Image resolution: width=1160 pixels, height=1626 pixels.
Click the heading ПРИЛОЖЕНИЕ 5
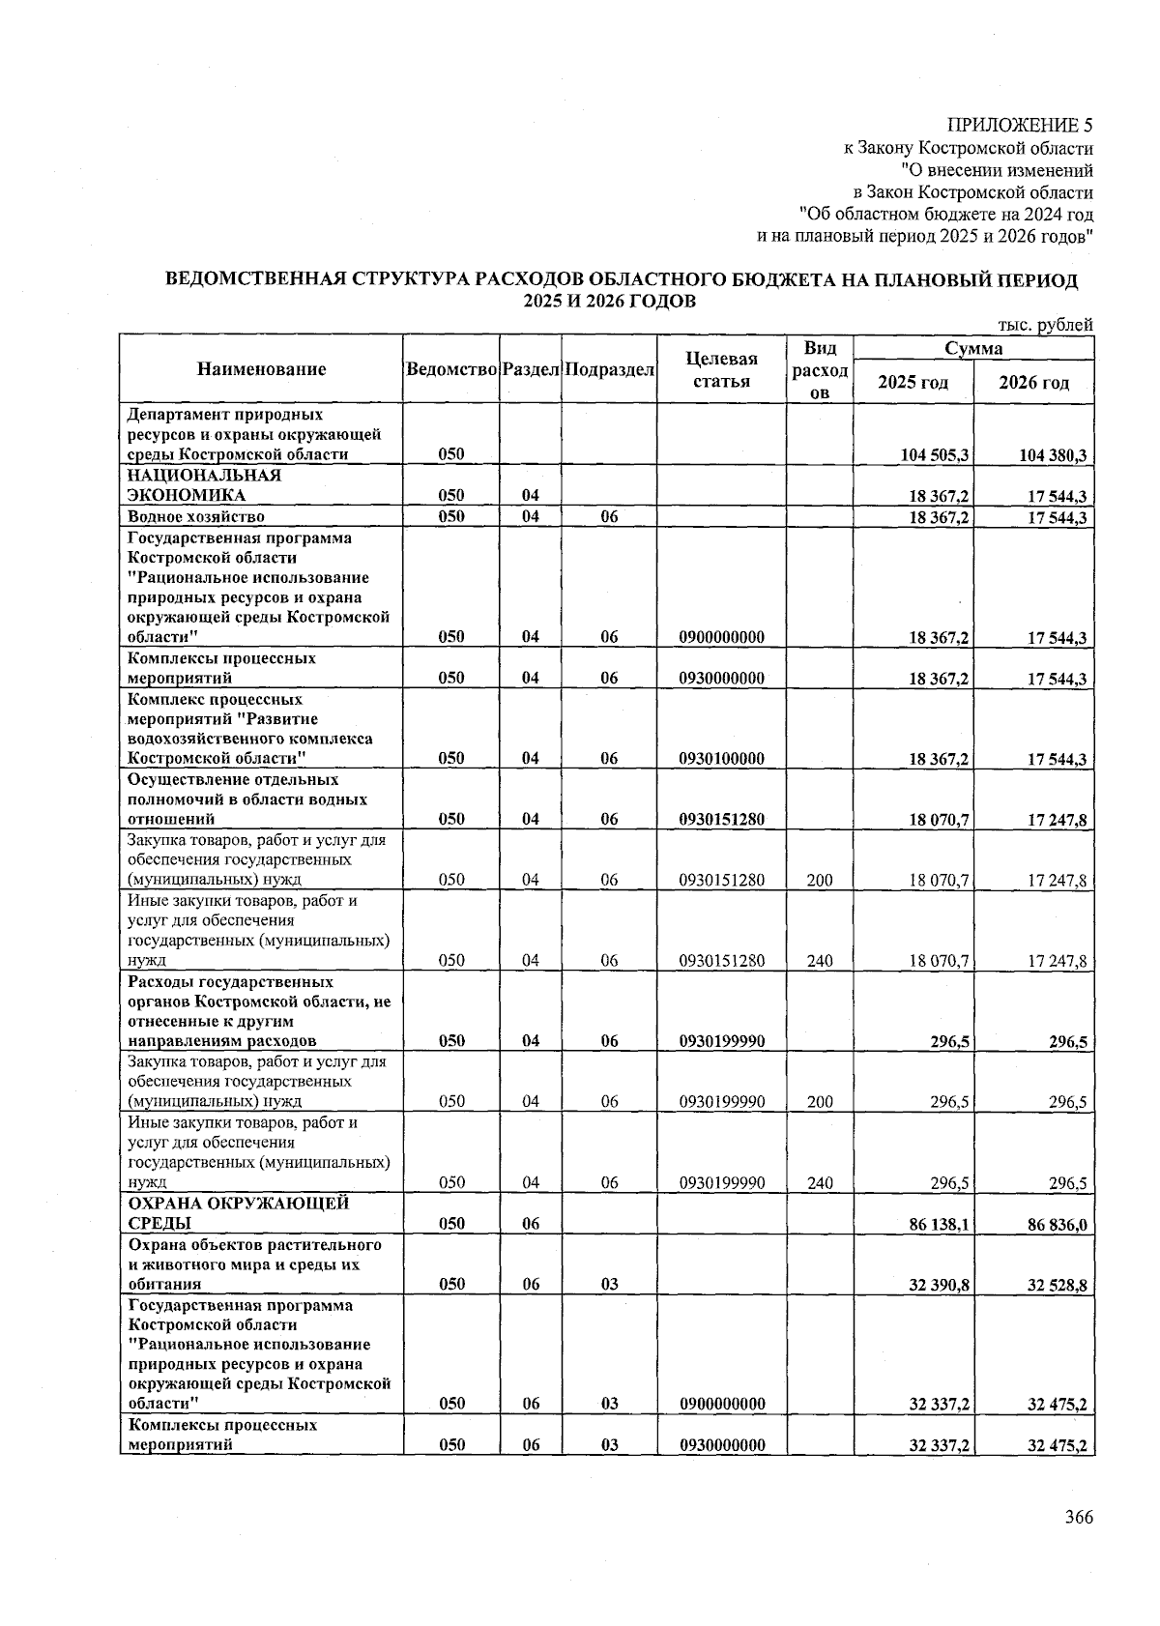pos(1020,126)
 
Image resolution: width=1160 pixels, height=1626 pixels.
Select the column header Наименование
pos(261,368)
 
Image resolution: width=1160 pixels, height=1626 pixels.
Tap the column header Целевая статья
pos(721,369)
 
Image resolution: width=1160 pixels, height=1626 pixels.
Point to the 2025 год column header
pos(913,382)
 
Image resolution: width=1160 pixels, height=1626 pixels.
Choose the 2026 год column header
pos(1033,382)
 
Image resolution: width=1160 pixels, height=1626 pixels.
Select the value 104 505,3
pos(935,455)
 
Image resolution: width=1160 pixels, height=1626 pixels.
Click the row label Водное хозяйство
pos(196,516)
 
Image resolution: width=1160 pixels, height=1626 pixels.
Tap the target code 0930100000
pos(721,759)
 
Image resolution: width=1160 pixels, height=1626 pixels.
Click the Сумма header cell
pos(972,348)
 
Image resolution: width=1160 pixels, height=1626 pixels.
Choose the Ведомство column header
pos(451,370)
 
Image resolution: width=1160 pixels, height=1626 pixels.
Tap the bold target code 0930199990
pos(721,1041)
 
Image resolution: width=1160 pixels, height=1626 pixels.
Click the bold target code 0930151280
pos(721,820)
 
